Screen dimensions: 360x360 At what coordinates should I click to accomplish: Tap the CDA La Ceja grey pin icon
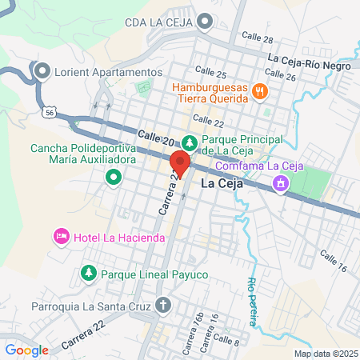[206, 22]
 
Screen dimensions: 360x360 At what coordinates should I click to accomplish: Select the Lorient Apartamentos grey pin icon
[42, 70]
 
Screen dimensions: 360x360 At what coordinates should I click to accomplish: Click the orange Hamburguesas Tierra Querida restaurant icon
[259, 91]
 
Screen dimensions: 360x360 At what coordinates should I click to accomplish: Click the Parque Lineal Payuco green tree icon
[88, 274]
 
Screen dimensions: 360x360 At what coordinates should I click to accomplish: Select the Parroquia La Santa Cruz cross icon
[163, 305]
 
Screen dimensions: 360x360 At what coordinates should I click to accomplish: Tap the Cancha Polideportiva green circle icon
[114, 176]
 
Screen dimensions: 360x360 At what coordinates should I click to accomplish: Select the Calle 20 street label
[155, 138]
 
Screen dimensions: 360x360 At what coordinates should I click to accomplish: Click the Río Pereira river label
[254, 301]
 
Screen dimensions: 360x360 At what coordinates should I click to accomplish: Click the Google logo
[26, 350]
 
